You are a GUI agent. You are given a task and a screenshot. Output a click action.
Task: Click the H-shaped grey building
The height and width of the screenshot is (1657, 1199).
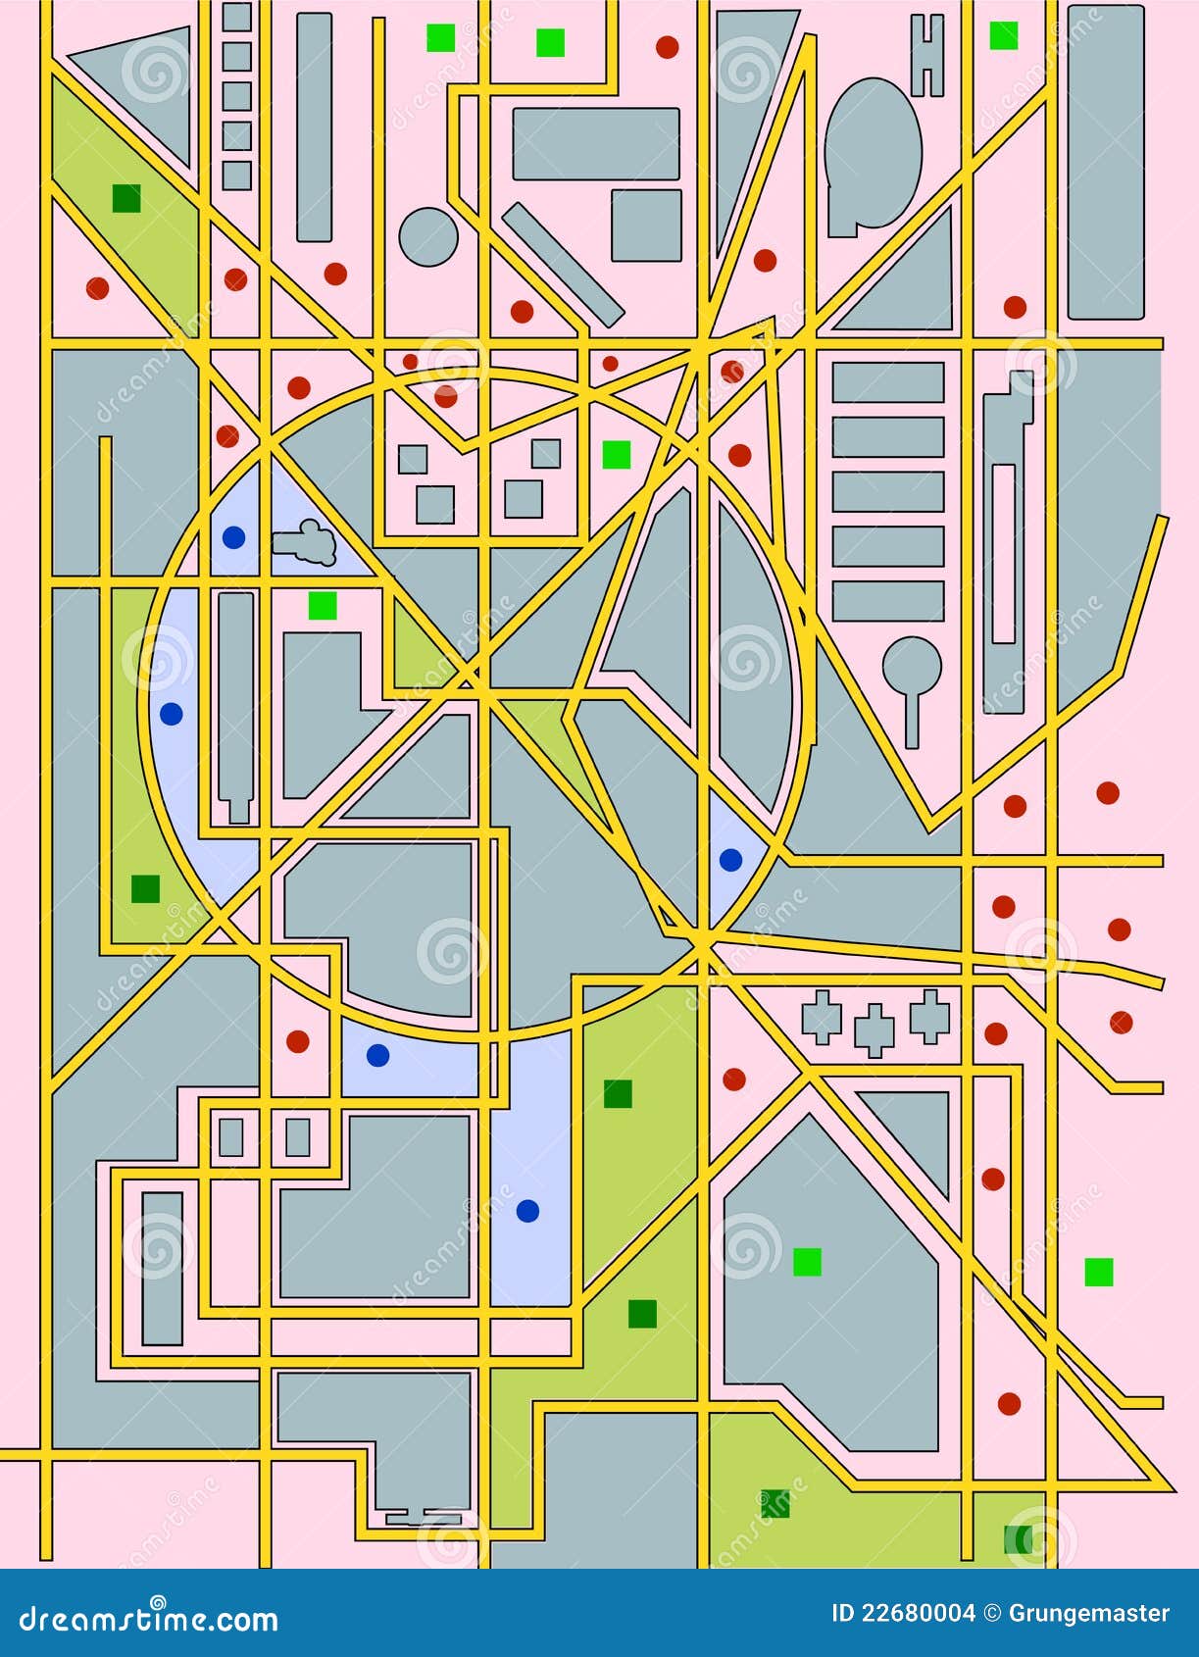[x=926, y=56]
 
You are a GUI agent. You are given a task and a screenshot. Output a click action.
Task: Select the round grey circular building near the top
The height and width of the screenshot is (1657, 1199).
[x=428, y=236]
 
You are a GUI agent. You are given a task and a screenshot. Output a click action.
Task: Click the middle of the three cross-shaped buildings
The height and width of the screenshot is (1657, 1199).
[x=874, y=1029]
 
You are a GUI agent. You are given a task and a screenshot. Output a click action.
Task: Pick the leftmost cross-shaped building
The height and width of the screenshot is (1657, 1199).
[x=822, y=1017]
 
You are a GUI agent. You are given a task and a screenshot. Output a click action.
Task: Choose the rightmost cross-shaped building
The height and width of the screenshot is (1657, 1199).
[x=929, y=1015]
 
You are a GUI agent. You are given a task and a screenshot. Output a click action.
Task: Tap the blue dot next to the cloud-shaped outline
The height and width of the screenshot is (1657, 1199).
[x=233, y=537]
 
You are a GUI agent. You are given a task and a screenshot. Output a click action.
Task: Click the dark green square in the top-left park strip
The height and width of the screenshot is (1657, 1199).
[x=126, y=198]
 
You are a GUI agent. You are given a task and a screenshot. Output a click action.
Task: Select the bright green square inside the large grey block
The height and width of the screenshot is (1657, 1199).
[x=807, y=1261]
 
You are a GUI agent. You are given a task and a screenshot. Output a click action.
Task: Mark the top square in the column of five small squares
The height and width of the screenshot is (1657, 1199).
[x=236, y=18]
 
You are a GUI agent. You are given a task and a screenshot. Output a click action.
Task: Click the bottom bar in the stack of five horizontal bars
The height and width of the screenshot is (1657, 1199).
[x=888, y=601]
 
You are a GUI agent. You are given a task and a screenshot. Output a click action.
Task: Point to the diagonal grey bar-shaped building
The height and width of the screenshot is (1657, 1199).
[x=563, y=264]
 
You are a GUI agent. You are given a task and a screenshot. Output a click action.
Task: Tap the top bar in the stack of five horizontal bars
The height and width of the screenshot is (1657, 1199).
[x=888, y=382]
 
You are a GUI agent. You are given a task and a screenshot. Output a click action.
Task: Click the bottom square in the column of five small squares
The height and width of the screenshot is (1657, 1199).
[x=236, y=176]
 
